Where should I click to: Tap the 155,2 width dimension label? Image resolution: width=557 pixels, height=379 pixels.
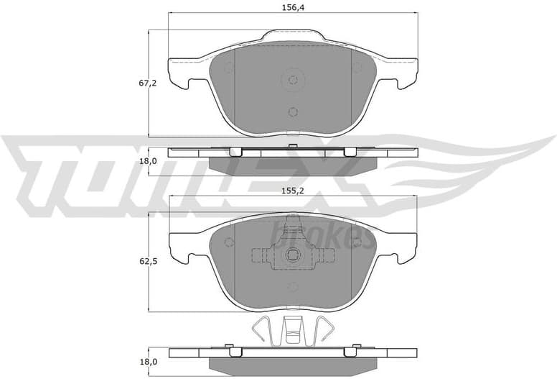[293, 193]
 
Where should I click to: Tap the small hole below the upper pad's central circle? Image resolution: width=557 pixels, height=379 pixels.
[292, 111]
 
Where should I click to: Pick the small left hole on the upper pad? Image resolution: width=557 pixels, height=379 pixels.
[229, 69]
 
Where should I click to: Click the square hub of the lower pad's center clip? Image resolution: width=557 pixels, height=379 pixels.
[293, 255]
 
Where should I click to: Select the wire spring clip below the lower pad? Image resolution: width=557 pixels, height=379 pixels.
[292, 330]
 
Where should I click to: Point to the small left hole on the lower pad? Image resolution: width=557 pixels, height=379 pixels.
[229, 242]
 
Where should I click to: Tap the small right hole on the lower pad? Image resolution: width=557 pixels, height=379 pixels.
[357, 242]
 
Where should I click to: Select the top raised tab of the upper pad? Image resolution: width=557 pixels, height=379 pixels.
[293, 35]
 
